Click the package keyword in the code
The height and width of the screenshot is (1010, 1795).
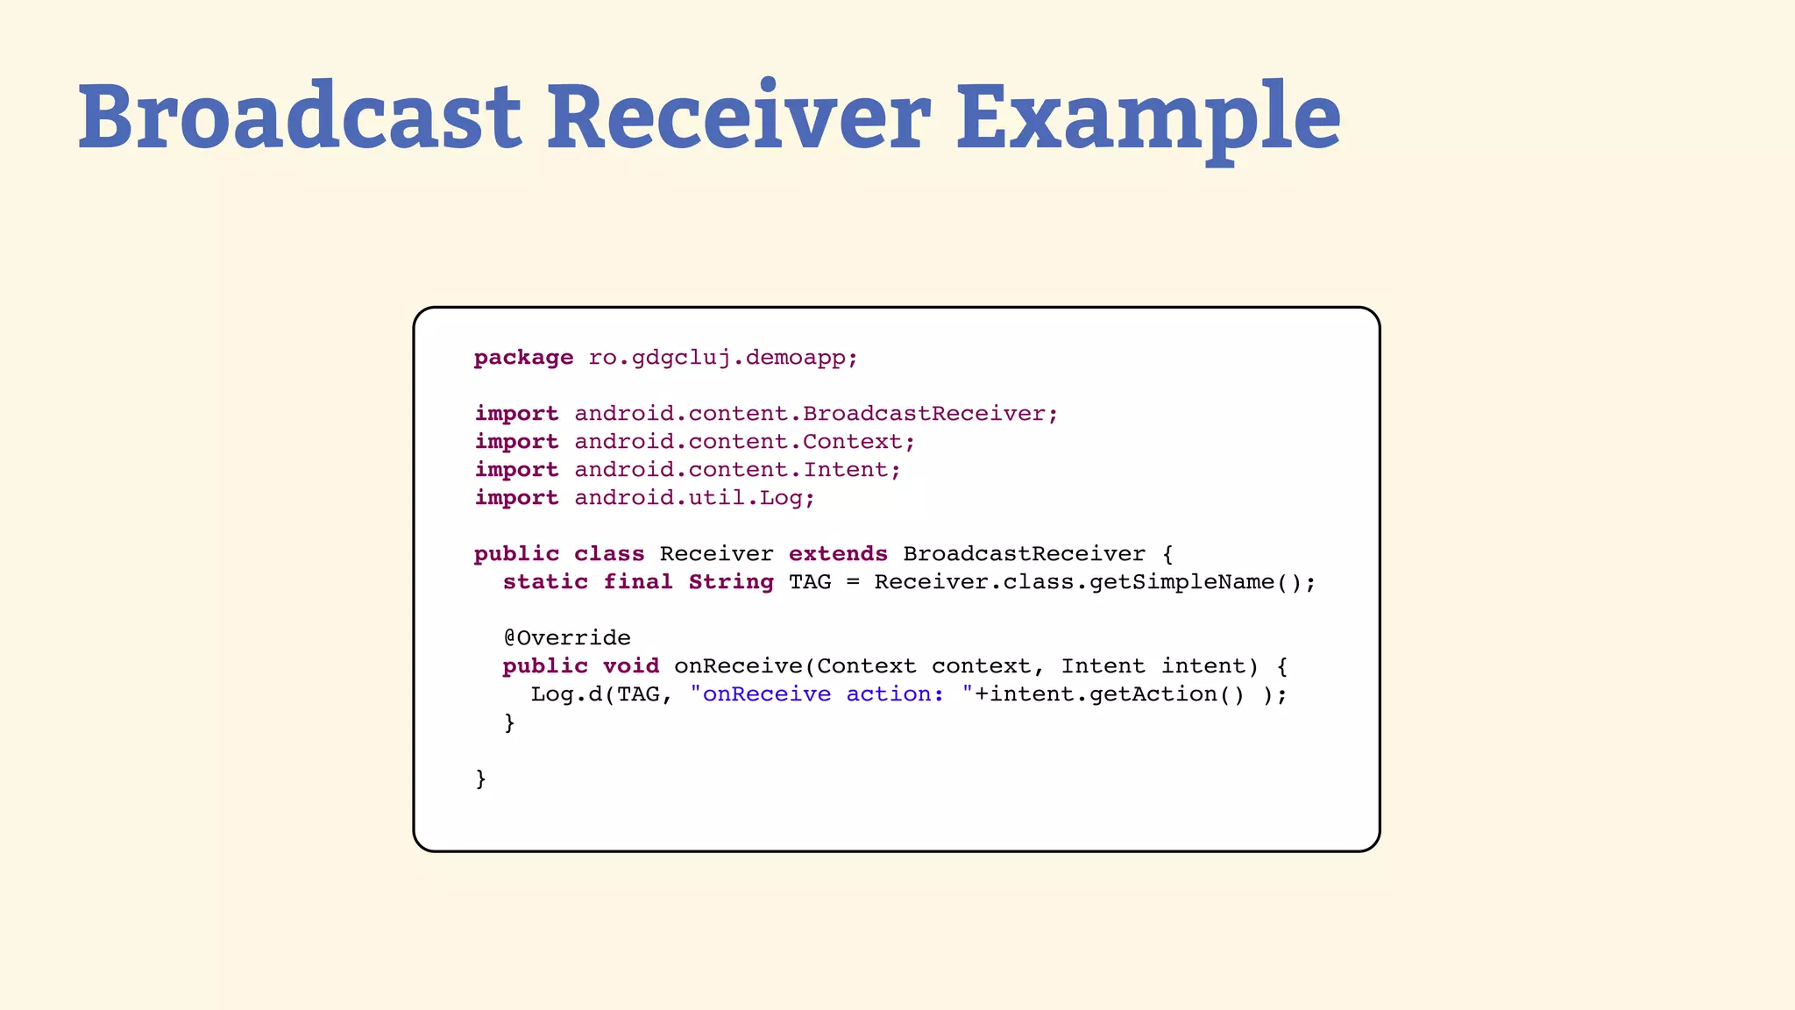[x=523, y=358]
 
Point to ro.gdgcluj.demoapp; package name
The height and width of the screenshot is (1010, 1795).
[x=723, y=358]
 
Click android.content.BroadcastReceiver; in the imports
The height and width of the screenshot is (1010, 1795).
[x=816, y=414]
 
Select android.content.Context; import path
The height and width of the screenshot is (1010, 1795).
[x=745, y=442]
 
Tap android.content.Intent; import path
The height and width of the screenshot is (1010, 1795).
[x=737, y=470]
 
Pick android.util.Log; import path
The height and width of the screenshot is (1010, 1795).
[x=694, y=498]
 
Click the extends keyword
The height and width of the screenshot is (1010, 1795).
[x=838, y=554]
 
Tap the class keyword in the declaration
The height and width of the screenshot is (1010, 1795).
[x=609, y=554]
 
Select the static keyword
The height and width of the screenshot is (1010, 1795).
[x=545, y=582]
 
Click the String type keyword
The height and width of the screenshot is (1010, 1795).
[x=731, y=582]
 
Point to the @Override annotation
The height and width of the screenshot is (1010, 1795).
[x=567, y=638]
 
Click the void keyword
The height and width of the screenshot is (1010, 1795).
[x=631, y=666]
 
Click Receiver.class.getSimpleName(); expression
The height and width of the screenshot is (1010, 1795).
[x=1095, y=582]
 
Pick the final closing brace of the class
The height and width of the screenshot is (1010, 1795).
[x=480, y=779]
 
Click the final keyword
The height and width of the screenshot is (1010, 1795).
[x=638, y=582]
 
